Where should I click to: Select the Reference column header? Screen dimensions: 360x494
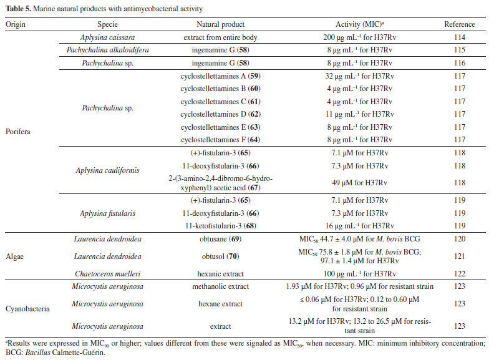point(459,24)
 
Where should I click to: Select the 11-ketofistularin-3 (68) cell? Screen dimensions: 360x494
point(218,225)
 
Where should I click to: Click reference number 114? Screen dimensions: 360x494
point(459,37)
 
